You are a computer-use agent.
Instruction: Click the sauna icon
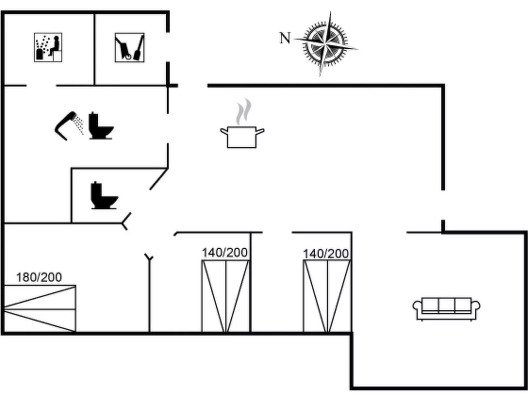pos(48,47)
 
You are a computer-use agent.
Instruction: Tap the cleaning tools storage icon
pos(130,47)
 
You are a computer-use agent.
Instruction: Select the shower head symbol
pos(68,125)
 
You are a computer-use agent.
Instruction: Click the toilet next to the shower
pos(100,126)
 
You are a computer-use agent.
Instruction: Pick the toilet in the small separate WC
pos(103,196)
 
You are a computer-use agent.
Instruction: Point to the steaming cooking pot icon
pos(242,136)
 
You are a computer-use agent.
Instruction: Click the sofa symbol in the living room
pos(446,308)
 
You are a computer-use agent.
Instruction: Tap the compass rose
pos(325,43)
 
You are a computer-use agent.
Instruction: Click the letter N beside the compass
pos(285,38)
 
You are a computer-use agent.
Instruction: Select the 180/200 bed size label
pos(39,277)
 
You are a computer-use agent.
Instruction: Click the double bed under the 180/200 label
pos(39,308)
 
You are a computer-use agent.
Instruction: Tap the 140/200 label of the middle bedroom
pos(225,253)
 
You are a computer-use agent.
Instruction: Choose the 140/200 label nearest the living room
pos(325,254)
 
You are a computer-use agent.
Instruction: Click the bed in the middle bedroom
pos(226,296)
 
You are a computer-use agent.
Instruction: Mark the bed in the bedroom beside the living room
pos(327,296)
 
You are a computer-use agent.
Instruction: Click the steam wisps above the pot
pos(244,111)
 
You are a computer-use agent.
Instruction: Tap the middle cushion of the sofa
pos(446,305)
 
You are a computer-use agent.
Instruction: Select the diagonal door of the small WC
pos(158,179)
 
